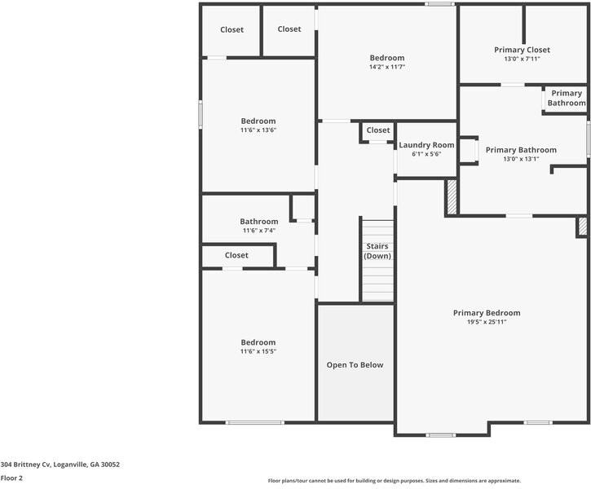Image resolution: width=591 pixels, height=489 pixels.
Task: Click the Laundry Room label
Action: point(426,145)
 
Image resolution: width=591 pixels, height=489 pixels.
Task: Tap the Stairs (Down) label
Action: point(377,251)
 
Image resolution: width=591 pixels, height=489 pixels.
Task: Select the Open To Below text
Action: point(355,365)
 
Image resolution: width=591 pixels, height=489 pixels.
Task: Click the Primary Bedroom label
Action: point(487,313)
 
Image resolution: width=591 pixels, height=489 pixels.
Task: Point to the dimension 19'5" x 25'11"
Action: point(487,323)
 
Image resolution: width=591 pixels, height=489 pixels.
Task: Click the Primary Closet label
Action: point(522,50)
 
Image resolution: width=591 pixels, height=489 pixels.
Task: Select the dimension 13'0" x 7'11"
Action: point(522,59)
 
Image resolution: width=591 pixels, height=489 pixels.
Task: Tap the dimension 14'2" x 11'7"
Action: point(386,68)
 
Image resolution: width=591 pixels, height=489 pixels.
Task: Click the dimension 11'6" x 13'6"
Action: point(258,130)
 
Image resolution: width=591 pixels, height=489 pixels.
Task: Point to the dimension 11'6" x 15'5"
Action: point(258,352)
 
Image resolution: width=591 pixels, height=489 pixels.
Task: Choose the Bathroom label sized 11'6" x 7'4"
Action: point(258,221)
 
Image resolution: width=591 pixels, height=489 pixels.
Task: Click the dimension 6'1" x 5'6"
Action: point(426,154)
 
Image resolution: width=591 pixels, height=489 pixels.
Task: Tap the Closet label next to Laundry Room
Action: point(378,130)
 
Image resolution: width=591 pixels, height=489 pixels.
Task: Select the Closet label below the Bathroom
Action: point(236,255)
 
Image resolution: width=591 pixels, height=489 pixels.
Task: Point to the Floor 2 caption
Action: point(11,478)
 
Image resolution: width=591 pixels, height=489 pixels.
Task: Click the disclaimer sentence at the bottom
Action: point(394,481)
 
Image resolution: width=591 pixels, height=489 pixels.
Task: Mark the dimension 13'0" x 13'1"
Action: point(521,159)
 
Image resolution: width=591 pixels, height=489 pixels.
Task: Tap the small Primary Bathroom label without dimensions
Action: point(566,99)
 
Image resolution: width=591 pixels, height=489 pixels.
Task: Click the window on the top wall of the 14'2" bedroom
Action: point(439,4)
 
